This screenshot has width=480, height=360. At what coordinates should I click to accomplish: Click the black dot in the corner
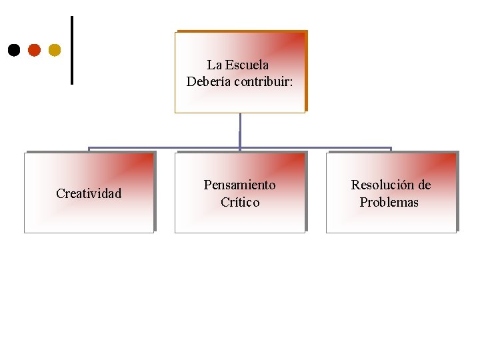click(13, 49)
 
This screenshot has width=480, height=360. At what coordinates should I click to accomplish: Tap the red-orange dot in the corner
click(34, 49)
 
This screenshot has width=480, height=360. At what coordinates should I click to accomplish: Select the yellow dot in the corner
click(54, 49)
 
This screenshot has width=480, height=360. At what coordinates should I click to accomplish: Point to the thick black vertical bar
click(71, 51)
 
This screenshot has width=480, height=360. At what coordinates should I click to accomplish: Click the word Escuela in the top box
click(247, 65)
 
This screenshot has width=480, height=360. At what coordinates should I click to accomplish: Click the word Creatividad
click(89, 193)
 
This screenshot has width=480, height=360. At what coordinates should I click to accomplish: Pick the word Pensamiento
click(239, 185)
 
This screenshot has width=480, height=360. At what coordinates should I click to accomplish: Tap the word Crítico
click(240, 202)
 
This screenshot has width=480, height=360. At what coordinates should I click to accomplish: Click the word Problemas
click(389, 202)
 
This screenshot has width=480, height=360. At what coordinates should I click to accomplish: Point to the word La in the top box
click(214, 65)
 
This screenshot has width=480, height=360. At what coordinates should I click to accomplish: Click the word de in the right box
click(425, 185)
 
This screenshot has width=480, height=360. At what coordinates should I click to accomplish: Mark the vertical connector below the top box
click(240, 129)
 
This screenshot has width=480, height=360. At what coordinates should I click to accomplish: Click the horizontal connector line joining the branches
click(167, 148)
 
